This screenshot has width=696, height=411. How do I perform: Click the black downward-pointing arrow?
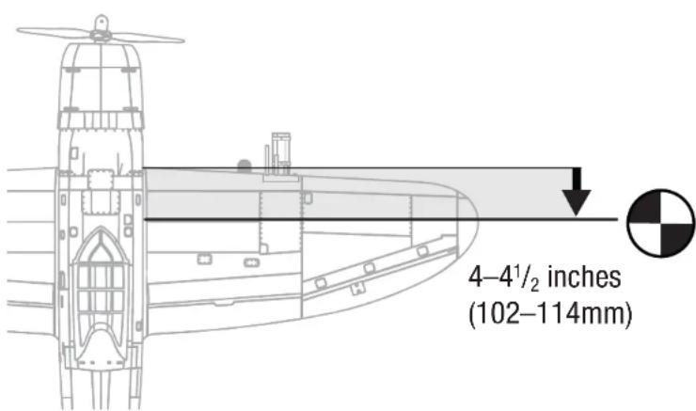tap(577, 192)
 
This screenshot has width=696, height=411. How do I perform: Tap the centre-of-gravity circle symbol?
tap(661, 223)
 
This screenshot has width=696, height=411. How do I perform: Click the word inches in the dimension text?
tap(584, 277)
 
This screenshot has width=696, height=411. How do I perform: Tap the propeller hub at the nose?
tap(102, 30)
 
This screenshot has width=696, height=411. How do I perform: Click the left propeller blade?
tap(55, 32)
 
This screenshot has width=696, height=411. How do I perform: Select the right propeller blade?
tap(148, 38)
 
